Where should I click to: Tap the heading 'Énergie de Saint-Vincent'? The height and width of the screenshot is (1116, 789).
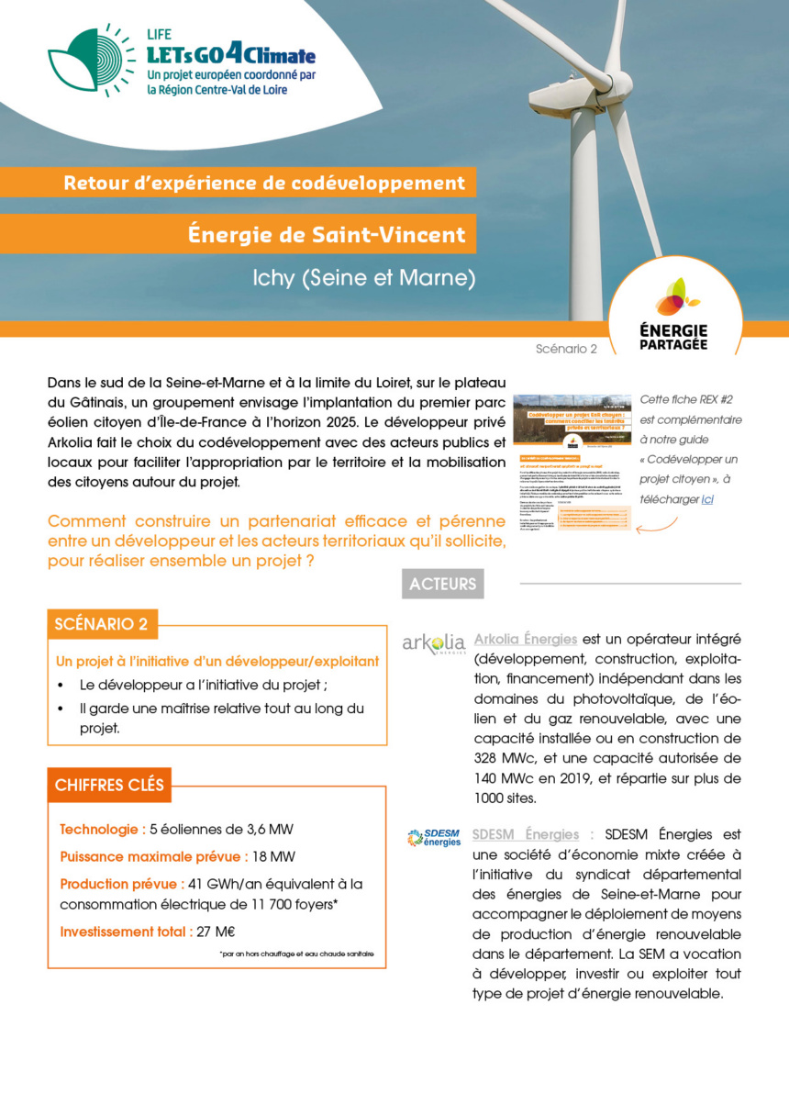tap(326, 234)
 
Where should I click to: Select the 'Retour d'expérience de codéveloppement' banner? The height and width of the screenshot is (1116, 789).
tap(264, 182)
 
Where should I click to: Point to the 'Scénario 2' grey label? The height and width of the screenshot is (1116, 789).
tap(566, 349)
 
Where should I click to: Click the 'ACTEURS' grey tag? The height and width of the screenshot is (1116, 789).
tap(442, 584)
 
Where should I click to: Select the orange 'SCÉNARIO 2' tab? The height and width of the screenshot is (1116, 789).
tap(101, 624)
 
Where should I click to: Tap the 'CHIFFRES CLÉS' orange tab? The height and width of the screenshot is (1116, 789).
tap(109, 785)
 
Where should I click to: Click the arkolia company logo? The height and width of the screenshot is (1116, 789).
tap(434, 642)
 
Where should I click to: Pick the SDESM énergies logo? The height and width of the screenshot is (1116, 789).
tap(434, 837)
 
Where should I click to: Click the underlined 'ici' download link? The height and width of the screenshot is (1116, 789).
tap(707, 499)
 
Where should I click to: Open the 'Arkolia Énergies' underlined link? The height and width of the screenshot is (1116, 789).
tap(525, 639)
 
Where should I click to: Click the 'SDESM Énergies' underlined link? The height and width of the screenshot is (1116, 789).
tap(525, 834)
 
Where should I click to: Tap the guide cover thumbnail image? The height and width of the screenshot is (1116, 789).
tap(571, 463)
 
